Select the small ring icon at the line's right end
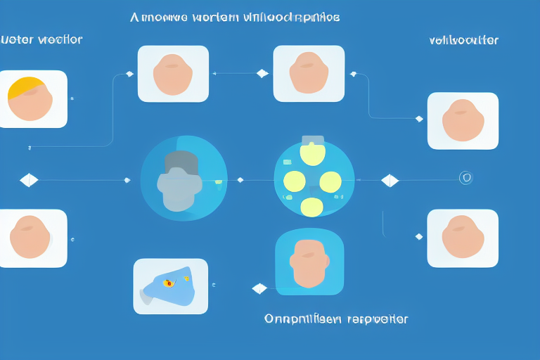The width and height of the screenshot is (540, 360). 465,179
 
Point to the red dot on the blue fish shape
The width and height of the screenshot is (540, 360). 168,283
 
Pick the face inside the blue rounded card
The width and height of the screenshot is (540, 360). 309,262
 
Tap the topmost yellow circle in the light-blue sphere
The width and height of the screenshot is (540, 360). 311,153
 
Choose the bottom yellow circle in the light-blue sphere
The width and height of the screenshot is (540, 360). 312,206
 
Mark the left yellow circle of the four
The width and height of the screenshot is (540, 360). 294,181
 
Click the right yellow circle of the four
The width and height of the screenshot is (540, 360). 330,182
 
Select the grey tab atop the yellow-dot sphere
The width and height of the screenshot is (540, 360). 311,139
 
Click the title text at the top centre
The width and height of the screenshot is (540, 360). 235,18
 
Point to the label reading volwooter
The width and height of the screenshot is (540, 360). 463,40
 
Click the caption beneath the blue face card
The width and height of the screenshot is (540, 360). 335,319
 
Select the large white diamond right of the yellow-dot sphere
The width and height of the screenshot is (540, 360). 390,181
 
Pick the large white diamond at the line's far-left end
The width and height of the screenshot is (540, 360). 29,181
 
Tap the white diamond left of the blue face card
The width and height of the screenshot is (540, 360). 259,288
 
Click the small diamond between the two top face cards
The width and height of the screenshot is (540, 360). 262,73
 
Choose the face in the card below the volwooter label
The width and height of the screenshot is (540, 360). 463,120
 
